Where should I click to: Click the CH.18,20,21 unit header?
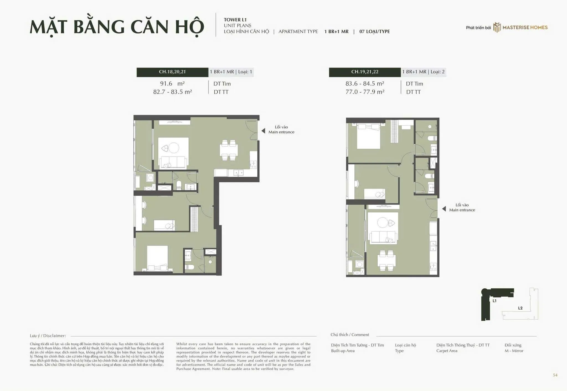coord(172,72)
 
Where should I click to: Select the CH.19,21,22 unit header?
coord(365,72)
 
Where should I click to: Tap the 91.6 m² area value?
coord(172,84)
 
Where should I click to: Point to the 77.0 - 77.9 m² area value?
coord(365,92)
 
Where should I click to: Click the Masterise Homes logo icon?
coord(497,27)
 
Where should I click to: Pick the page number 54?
coord(555,375)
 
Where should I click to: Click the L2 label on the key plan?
coord(520,308)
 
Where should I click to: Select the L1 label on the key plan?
coord(494,301)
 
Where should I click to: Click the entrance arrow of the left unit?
coord(263,131)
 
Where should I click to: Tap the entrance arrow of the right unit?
coord(444,209)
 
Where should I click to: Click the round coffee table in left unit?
coord(174,148)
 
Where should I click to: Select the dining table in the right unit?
coord(386,260)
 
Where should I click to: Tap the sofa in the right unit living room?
coord(384,237)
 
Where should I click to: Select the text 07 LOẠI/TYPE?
coord(375,32)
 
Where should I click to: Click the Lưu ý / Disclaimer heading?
coord(48,336)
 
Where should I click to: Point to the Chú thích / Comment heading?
coord(350,335)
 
